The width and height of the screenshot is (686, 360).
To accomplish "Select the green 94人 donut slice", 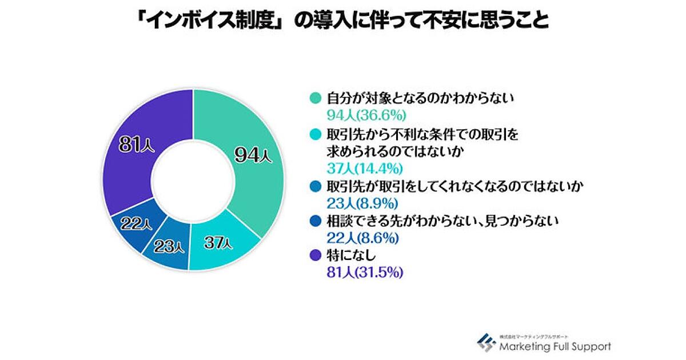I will [252, 154].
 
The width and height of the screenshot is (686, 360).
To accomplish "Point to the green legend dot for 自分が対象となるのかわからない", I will [313, 98].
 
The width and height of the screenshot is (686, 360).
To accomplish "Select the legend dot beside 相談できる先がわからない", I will [313, 219].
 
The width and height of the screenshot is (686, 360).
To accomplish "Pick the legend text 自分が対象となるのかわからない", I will [420, 98].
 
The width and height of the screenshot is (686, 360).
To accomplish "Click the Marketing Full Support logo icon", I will [487, 341].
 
